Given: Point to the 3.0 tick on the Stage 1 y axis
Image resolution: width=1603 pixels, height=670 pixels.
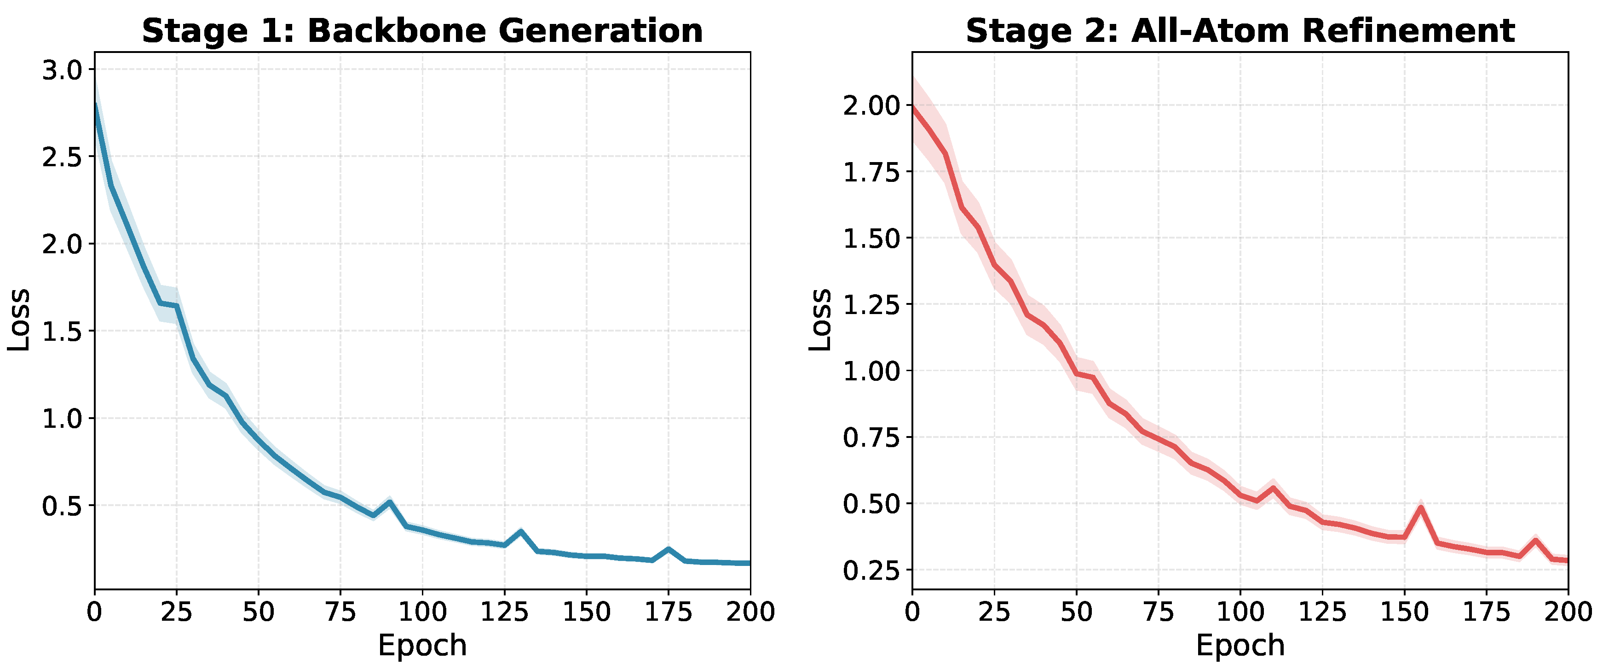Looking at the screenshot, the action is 62,70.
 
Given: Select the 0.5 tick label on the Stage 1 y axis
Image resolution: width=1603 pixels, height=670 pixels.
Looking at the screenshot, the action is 62,506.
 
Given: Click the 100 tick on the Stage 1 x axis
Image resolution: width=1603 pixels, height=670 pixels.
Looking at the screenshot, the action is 422,612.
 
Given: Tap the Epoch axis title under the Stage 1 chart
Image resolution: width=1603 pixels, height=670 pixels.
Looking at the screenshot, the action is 422,646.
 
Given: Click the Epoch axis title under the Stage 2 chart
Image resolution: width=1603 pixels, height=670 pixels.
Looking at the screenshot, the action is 1240,646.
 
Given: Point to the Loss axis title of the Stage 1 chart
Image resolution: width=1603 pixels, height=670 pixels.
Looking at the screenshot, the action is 19,320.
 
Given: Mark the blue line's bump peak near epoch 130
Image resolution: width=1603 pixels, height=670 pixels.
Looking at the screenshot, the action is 521,531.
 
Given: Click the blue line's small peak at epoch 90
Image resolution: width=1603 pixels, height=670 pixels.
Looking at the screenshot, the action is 390,501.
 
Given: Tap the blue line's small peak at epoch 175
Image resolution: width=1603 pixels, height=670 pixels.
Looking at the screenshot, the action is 669,548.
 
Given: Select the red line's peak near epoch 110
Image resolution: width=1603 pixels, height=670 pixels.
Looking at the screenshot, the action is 1273,488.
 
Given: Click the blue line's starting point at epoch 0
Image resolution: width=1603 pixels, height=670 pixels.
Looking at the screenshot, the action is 95,103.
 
